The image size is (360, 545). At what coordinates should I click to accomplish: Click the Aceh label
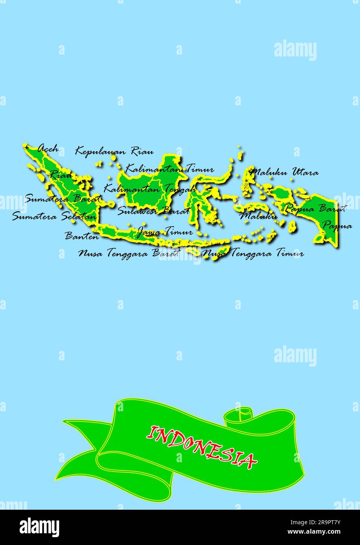[x=48, y=149]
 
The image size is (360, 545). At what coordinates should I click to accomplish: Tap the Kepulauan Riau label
[x=114, y=151]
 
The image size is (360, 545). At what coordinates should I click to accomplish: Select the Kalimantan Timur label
[x=169, y=169]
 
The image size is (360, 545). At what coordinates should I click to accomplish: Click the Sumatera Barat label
[x=63, y=198]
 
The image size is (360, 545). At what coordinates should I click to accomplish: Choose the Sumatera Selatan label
[x=54, y=216]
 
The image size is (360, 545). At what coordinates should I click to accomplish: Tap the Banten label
[x=82, y=236]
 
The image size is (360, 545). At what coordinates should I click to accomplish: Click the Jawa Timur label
[x=165, y=232]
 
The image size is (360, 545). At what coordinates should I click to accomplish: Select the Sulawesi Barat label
[x=153, y=211]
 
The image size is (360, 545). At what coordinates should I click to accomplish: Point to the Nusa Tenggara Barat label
[x=129, y=253]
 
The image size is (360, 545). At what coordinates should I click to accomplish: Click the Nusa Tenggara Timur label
[x=253, y=253]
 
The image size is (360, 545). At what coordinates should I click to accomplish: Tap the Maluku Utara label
[x=284, y=172]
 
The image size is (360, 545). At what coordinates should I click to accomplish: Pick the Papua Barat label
[x=315, y=208]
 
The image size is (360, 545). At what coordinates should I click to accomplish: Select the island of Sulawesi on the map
[x=204, y=196]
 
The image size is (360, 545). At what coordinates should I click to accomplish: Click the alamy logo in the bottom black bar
[x=40, y=527]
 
